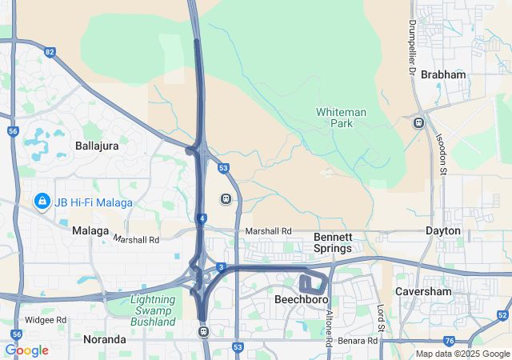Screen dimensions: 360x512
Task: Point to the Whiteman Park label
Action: coord(341,118)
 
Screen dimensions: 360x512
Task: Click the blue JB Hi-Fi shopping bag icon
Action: coord(41,201)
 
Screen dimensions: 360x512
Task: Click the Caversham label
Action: coord(424,292)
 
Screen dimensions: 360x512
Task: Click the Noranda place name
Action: coord(104,339)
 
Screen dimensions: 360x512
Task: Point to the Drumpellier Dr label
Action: coord(412,47)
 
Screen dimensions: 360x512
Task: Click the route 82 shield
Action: coord(50,52)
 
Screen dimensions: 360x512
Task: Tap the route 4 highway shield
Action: coord(204,218)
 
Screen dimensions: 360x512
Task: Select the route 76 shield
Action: coord(450,341)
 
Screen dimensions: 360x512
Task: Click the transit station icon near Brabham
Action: coord(418,122)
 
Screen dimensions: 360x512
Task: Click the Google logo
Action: coord(26,350)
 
